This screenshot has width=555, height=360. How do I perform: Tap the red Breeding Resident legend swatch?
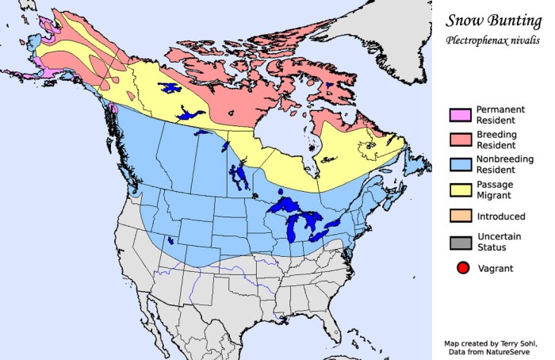pos(458,140)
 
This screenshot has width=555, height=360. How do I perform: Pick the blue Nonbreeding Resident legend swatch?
pos(458,165)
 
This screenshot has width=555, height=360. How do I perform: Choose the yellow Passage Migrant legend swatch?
pos(458,190)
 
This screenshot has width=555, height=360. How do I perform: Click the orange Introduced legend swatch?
pos(458,216)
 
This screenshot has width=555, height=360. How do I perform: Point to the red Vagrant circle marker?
pos(463,268)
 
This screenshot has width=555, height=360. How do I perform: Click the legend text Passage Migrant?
pos(496,190)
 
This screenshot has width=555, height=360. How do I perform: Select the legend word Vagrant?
pos(496,268)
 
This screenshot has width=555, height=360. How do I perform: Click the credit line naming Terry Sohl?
pos(496,343)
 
